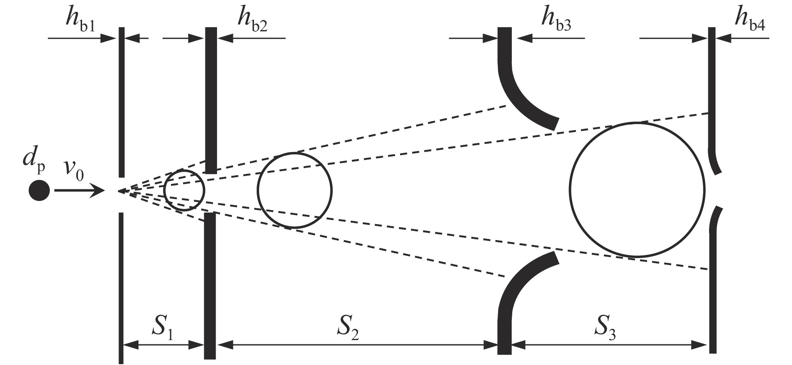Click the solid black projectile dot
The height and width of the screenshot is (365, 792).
pyautogui.click(x=39, y=190)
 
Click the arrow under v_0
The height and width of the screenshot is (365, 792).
pyautogui.click(x=80, y=190)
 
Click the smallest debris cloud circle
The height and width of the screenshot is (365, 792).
pyautogui.click(x=184, y=190)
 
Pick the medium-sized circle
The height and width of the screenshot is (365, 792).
pyautogui.click(x=295, y=190)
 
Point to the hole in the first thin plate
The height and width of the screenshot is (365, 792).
pyautogui.click(x=122, y=195)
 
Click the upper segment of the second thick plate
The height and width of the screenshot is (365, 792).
pyautogui.click(x=210, y=99)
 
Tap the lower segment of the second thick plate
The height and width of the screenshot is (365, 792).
pyautogui.click(x=210, y=283)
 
